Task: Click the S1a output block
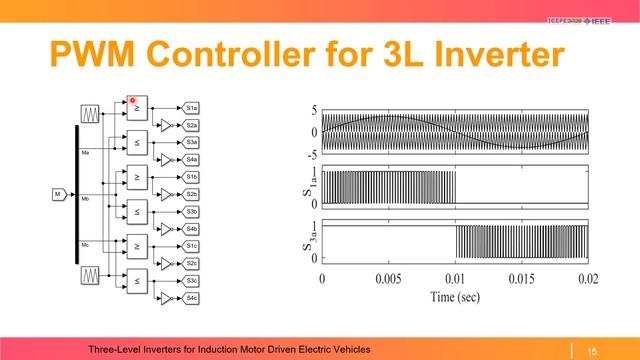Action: click(x=192, y=107)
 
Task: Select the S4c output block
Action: click(x=192, y=298)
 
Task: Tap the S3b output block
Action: click(x=192, y=212)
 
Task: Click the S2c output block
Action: click(x=192, y=263)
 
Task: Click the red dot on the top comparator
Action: click(x=132, y=101)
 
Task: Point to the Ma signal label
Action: click(x=86, y=153)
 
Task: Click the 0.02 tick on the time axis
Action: click(x=586, y=278)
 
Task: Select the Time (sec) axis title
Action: click(x=455, y=296)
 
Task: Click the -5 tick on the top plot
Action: click(x=313, y=154)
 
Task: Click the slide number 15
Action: click(x=591, y=349)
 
